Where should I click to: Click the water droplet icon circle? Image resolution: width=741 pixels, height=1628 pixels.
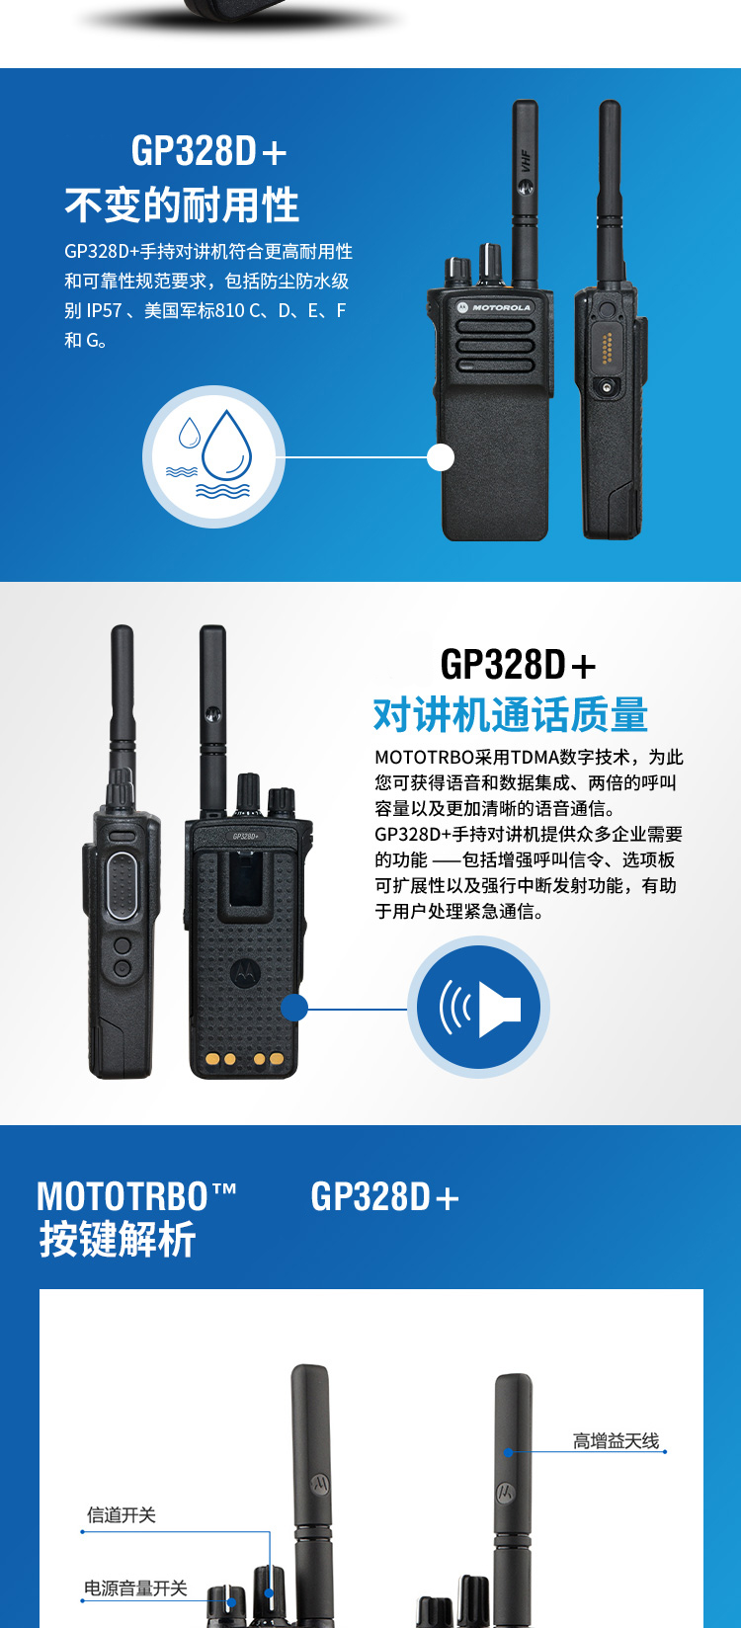213,457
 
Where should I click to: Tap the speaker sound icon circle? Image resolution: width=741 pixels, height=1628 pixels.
478,1008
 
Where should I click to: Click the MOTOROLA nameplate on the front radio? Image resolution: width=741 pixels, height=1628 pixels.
494,307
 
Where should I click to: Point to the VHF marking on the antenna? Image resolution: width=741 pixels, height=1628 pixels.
526,161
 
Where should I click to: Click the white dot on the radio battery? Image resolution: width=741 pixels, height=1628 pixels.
440,457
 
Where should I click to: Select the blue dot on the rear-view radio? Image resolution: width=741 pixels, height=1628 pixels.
293,1008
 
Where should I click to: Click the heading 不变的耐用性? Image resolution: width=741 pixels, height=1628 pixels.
182,204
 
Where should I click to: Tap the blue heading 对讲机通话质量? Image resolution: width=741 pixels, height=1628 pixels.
511,714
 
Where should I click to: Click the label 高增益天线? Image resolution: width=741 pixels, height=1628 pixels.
616,1440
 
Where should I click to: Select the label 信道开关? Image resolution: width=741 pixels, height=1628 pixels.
122,1514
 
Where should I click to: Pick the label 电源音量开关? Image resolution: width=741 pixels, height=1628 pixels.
136,1588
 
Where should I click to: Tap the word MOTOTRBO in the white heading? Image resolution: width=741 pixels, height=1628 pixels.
123,1196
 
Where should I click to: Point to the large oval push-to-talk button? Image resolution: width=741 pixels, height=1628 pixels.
123,886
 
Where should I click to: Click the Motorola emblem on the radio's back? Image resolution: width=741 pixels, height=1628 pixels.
246,971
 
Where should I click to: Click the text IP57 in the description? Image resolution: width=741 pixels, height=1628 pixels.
104,311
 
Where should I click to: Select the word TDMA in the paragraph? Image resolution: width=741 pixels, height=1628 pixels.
534,758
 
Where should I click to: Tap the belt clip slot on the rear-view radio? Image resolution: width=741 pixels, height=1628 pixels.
247,879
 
